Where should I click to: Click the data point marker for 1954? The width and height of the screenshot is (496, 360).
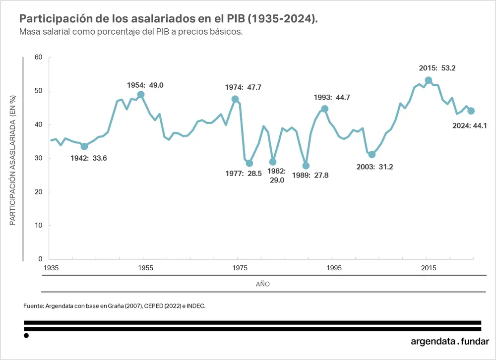tap(141, 95)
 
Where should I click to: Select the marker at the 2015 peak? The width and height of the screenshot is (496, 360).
tap(429, 80)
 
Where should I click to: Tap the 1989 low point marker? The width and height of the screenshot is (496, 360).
tap(306, 166)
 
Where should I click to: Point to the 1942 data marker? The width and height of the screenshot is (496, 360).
tap(84, 146)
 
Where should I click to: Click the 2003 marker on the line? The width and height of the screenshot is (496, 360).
tap(372, 155)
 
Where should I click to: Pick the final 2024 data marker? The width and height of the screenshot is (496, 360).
tap(471, 111)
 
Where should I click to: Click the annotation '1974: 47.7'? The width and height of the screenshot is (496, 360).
tap(243, 87)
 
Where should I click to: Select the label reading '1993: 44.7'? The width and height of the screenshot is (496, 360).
tap(332, 98)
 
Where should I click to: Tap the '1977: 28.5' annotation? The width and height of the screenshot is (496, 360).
tap(244, 174)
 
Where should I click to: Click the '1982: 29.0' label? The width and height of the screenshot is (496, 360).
tap(276, 176)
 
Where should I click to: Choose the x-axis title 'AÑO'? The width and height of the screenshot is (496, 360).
tap(263, 285)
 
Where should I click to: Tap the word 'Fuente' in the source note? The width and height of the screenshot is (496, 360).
tap(33, 306)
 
